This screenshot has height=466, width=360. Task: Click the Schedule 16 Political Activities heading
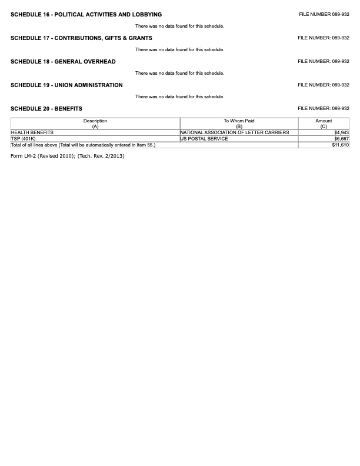tap(86, 15)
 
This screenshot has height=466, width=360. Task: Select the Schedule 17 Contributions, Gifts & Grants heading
tap(81, 38)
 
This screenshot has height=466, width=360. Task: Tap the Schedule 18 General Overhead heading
tap(63, 62)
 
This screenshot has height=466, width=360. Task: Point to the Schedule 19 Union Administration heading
tap(66, 85)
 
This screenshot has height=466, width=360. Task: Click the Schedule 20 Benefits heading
tap(46, 109)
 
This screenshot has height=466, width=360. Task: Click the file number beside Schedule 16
tap(324, 14)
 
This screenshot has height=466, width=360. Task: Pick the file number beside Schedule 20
tap(324, 108)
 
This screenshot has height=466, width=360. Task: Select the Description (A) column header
tap(95, 124)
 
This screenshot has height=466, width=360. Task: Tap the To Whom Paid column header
tap(239, 124)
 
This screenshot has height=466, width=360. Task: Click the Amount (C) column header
tap(324, 124)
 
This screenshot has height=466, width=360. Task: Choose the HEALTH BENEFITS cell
tap(32, 133)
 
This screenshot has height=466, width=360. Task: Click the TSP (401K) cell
tap(24, 139)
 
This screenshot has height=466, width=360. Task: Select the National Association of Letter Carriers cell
tap(235, 133)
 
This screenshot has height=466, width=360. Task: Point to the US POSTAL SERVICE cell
tap(204, 139)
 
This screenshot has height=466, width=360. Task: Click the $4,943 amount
tap(341, 133)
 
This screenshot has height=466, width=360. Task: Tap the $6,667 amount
tap(341, 139)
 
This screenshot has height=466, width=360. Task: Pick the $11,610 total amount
tap(340, 145)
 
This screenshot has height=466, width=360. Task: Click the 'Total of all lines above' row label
tap(83, 145)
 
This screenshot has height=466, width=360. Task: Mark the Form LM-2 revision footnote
tap(68, 156)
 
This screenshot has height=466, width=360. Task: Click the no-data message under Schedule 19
tap(179, 96)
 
